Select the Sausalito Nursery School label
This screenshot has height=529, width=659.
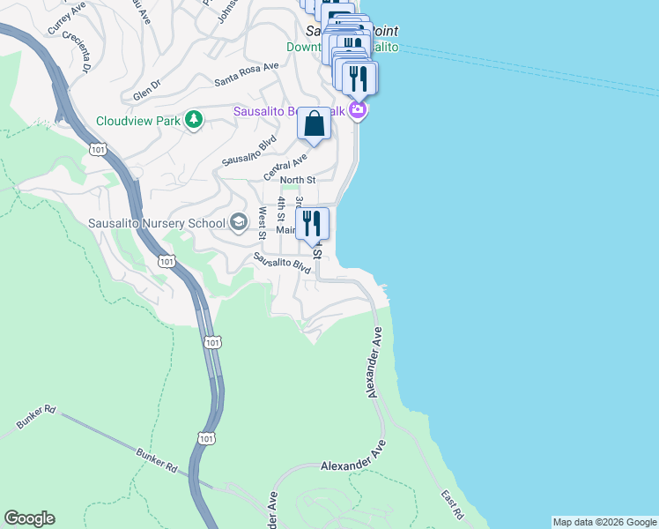[x=157, y=222]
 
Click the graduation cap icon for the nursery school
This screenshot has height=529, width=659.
[x=238, y=221]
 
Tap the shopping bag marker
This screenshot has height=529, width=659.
[x=314, y=125]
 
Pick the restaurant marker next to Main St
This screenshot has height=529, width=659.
[x=311, y=223]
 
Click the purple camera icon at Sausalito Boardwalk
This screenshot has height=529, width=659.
[x=358, y=110]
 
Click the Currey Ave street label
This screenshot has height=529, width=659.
[x=65, y=20]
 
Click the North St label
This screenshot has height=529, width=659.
[x=297, y=181]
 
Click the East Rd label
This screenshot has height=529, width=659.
[x=453, y=503]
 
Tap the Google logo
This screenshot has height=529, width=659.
[x=29, y=518]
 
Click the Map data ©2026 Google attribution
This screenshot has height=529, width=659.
[x=604, y=522]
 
